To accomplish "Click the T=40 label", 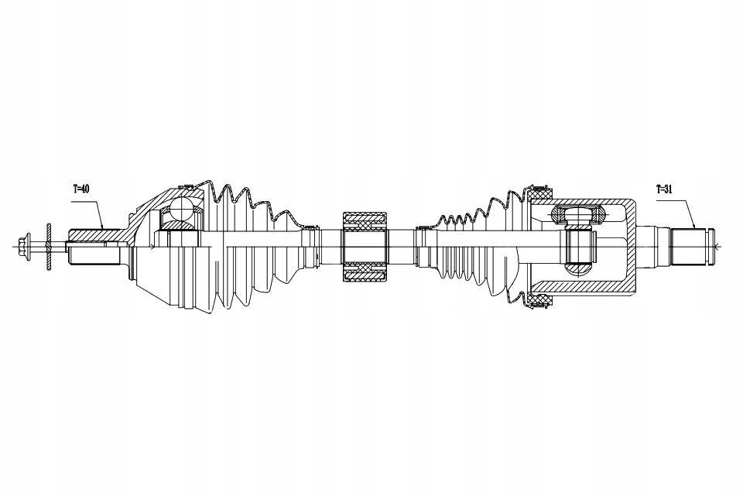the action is [x=81, y=189].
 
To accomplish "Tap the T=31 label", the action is [x=664, y=189].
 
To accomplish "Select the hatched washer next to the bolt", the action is [x=48, y=246].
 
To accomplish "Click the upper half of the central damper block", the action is [x=365, y=220].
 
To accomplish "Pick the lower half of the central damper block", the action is [x=365, y=272].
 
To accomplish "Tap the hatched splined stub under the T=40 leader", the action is [x=94, y=235].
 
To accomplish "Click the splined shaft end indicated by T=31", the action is [x=692, y=246].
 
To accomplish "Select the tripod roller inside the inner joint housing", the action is [x=578, y=216].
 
